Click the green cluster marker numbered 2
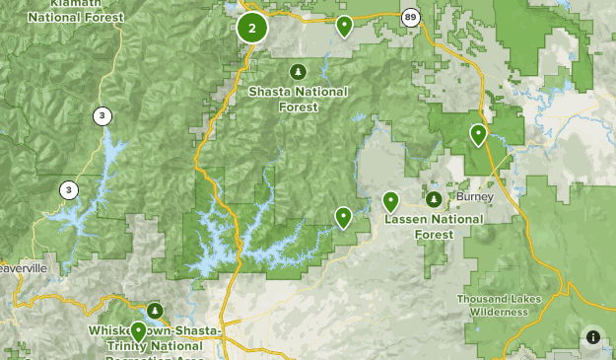[x=252, y=28]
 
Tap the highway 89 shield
[x=410, y=17]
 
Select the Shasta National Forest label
[x=298, y=99]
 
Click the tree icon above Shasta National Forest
[x=297, y=71]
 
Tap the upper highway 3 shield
[x=103, y=116]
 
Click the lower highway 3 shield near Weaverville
[x=68, y=189]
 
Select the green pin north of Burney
[x=478, y=135]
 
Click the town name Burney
[x=474, y=197]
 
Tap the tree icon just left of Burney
[x=434, y=199]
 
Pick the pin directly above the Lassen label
[x=390, y=202]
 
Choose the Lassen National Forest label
[x=419, y=225]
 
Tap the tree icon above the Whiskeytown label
[x=155, y=311]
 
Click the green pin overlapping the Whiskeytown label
[x=138, y=331]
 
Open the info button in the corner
[x=592, y=337]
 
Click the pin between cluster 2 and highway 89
[x=344, y=27]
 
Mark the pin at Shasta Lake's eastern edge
[x=343, y=217]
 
